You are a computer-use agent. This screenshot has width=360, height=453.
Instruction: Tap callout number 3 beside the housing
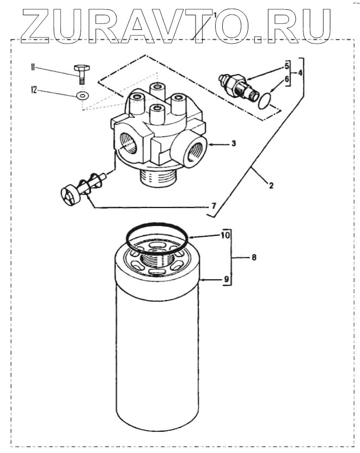coord(233,144)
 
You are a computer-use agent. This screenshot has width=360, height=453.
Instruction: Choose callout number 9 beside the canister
coord(225,280)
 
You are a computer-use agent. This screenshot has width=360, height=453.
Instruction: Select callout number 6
coord(284,79)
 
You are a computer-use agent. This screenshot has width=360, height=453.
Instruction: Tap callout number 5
coord(284,66)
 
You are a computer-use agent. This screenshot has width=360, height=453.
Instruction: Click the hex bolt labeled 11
coord(81,73)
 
